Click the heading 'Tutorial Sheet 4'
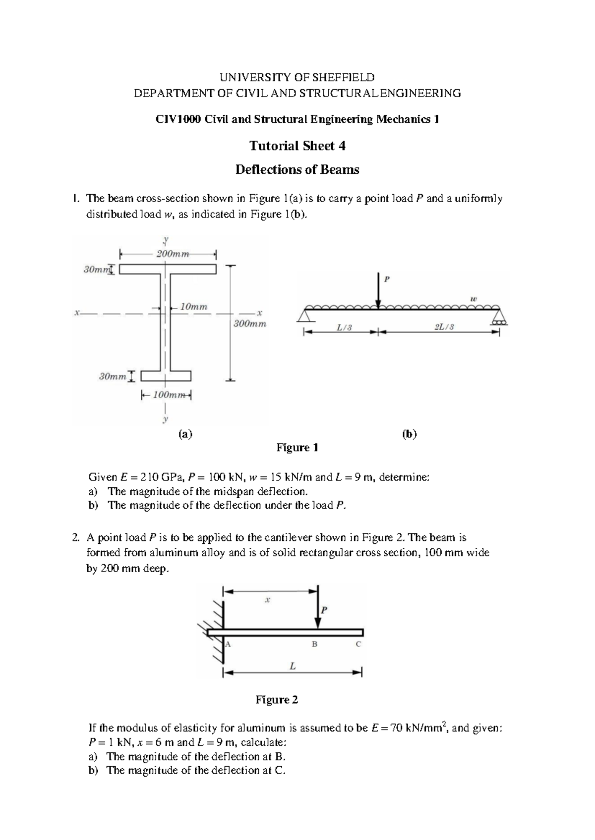(x=297, y=146)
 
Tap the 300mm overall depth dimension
(x=250, y=324)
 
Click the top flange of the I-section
(x=168, y=269)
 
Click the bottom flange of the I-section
(x=166, y=376)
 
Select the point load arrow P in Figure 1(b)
(x=378, y=290)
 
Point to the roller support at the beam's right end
(x=499, y=317)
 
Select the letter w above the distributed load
(x=474, y=299)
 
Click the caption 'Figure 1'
(x=297, y=448)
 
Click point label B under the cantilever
(x=314, y=644)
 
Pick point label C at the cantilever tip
(x=358, y=644)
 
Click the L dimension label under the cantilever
(x=293, y=667)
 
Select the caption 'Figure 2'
(x=277, y=700)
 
